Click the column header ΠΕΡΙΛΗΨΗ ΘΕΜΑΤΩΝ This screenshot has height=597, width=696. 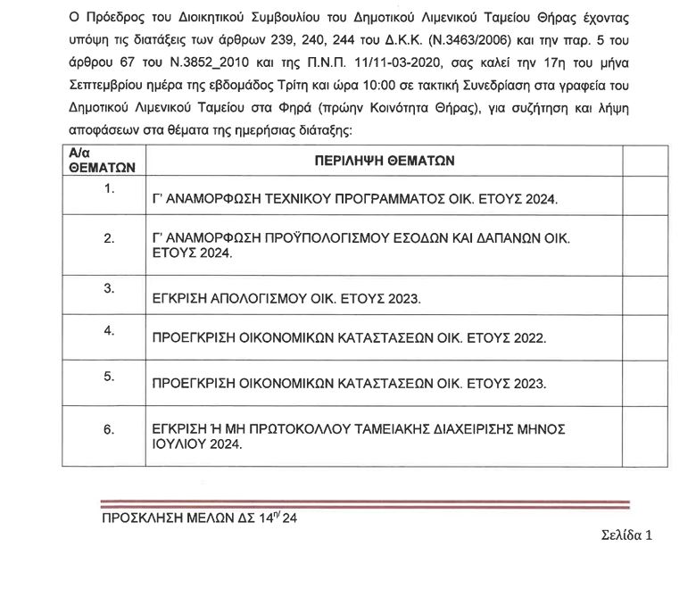pos(385,161)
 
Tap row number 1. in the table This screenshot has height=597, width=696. pos(110,189)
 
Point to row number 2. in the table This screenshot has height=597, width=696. pos(110,238)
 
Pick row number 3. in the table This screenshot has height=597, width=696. pos(110,287)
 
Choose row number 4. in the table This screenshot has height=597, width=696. pos(110,330)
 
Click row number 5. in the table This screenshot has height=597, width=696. pos(110,376)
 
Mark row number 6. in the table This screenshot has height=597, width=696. pos(110,429)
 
